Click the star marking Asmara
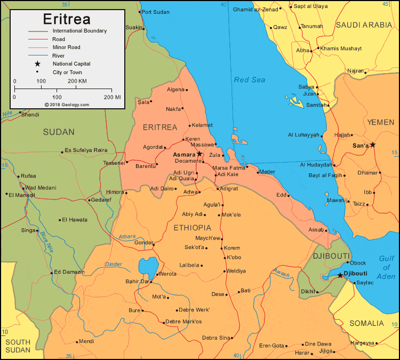pyautogui.click(x=199, y=154)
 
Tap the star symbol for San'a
pyautogui.click(x=373, y=145)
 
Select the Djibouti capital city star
pyautogui.click(x=340, y=275)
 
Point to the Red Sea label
pyautogui.click(x=249, y=80)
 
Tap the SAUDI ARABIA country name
pyautogui.click(x=363, y=25)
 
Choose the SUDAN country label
pyautogui.click(x=59, y=132)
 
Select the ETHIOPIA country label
pyautogui.click(x=193, y=228)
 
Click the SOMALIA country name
pyautogui.click(x=366, y=323)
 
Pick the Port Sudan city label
pyautogui.click(x=154, y=12)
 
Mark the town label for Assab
pyautogui.click(x=316, y=230)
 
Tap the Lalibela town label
pyautogui.click(x=189, y=265)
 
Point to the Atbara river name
pyautogui.click(x=127, y=236)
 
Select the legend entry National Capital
pyautogui.click(x=71, y=63)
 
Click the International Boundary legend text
pyautogui.click(x=79, y=31)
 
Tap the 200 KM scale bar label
pyautogui.click(x=77, y=81)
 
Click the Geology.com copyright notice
pyautogui.click(x=67, y=105)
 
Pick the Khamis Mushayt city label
pyautogui.click(x=341, y=49)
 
